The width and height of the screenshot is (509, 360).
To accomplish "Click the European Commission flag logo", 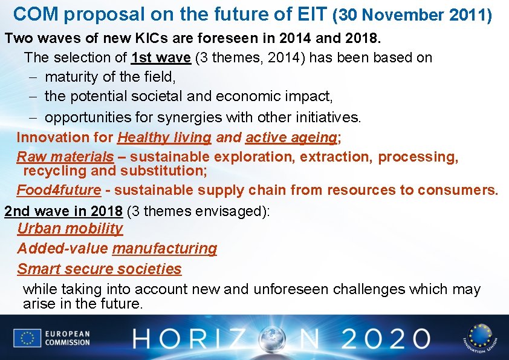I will coord(27,338).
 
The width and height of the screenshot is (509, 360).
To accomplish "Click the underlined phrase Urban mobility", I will coord(70,229).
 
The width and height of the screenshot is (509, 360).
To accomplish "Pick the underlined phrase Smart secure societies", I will coord(99,269).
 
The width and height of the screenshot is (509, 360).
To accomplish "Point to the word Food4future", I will coord(59,190).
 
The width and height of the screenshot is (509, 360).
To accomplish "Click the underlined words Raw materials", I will coord(65,157).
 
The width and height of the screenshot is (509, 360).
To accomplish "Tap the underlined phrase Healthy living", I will coord(164,137).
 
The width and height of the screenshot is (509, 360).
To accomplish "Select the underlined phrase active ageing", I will coord(291,137).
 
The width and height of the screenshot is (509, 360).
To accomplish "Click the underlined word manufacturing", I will coord(164,249).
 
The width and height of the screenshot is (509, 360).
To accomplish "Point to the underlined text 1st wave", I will coord(161,58).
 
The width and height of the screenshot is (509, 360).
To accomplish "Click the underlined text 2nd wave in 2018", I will coord(63,211).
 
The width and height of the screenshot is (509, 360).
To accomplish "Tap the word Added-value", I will coord(63,249).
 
